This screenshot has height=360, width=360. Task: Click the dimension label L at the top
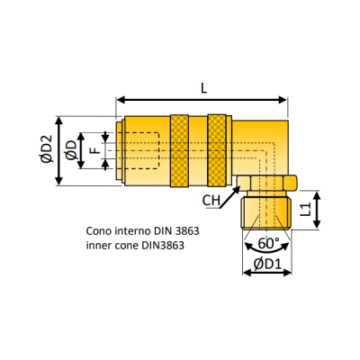click(204, 88)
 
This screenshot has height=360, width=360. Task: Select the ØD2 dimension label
click(47, 149)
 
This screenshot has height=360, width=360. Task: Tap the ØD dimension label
click(71, 150)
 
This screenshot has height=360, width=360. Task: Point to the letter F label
click(95, 150)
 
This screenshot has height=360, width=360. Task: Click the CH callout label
click(211, 201)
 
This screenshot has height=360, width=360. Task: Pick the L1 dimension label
click(306, 209)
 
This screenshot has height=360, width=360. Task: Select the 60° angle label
click(268, 243)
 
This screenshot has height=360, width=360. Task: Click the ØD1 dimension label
click(267, 264)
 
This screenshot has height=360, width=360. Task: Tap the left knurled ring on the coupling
click(179, 150)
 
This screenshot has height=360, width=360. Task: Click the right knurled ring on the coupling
click(217, 150)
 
